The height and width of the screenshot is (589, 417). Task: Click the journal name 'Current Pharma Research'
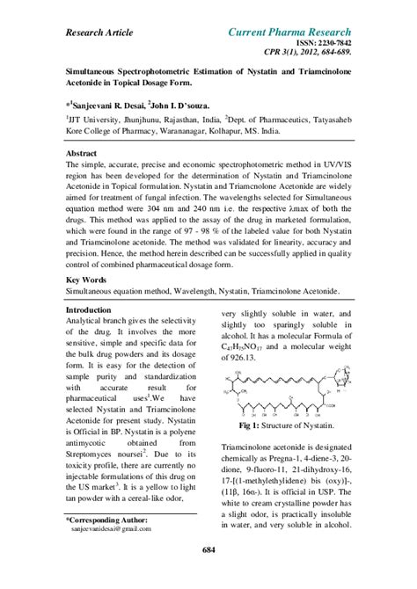(x=289, y=33)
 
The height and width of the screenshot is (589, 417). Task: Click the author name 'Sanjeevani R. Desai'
(x=119, y=105)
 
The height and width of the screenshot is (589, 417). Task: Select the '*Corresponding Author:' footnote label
(x=108, y=520)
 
